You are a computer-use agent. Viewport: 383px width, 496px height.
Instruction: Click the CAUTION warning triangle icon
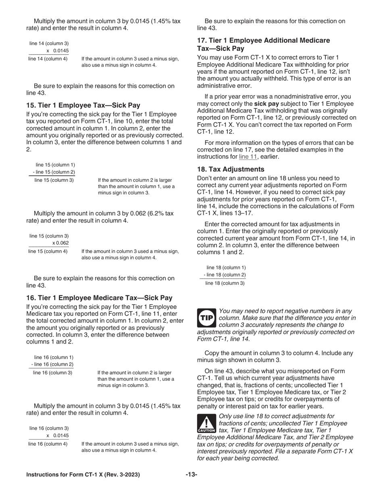pyautogui.click(x=207, y=424)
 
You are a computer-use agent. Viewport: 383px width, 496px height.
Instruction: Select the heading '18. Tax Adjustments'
pyautogui.click(x=231, y=169)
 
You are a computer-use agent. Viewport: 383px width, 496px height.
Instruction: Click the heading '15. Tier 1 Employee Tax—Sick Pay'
pyautogui.click(x=83, y=106)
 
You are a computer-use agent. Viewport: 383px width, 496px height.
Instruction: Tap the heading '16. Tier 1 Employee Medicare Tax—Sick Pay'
pyautogui.click(x=99, y=298)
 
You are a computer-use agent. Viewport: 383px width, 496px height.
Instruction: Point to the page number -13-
pyautogui.click(x=191, y=475)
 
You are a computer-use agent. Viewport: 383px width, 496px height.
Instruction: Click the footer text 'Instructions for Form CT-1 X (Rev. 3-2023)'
pyautogui.click(x=83, y=475)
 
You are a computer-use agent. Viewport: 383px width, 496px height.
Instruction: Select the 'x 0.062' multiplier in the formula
pyautogui.click(x=60, y=243)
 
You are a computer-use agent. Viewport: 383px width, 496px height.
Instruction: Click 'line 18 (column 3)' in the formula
pyautogui.click(x=225, y=283)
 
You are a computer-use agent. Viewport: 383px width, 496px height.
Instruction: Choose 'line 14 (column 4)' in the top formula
pyautogui.click(x=48, y=59)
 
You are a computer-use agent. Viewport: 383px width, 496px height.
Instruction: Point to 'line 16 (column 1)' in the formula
pyautogui.click(x=54, y=357)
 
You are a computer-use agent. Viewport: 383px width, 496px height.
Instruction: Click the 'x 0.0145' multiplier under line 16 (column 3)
pyautogui.click(x=58, y=436)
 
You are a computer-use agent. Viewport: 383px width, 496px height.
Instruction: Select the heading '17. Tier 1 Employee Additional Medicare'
pyautogui.click(x=263, y=41)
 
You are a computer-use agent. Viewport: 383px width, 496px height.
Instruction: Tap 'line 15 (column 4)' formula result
pyautogui.click(x=48, y=251)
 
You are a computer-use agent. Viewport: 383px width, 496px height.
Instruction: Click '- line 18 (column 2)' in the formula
pyautogui.click(x=225, y=275)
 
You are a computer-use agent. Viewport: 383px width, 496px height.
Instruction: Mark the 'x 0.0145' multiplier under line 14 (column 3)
pyautogui.click(x=58, y=51)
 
